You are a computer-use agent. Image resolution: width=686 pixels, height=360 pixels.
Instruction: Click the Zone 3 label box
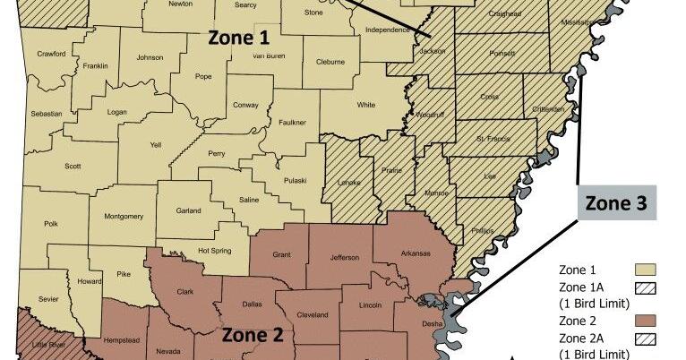pyautogui.click(x=614, y=203)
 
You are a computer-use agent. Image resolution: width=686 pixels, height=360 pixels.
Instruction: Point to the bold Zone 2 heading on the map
pyautogui.click(x=253, y=336)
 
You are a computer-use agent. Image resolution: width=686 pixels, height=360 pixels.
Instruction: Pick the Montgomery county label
pyautogui.click(x=124, y=216)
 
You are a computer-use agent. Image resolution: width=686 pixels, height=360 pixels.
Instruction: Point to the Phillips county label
pyautogui.click(x=482, y=231)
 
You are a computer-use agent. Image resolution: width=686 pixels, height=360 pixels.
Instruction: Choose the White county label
pyautogui.click(x=366, y=105)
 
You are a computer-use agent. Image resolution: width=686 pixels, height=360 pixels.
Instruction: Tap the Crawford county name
pyautogui.click(x=52, y=54)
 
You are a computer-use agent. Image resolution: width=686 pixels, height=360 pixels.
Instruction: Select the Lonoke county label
pyautogui.click(x=347, y=182)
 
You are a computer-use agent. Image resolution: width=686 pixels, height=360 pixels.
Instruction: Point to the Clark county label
pyautogui.click(x=185, y=291)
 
